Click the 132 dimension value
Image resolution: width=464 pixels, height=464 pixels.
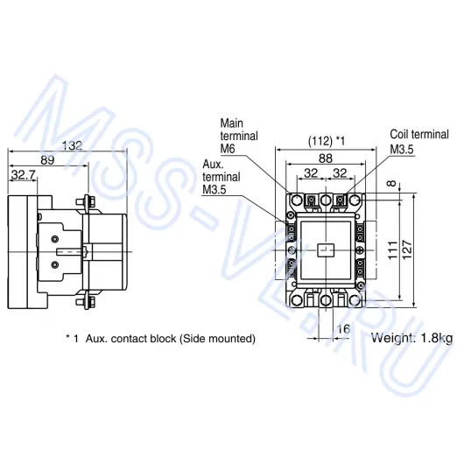(x=72, y=145)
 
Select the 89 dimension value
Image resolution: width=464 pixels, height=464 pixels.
(x=47, y=160)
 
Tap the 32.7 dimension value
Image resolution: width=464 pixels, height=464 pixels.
(x=23, y=175)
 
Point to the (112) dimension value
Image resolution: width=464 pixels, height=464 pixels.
(x=320, y=141)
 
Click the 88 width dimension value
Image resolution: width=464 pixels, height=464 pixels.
(x=326, y=158)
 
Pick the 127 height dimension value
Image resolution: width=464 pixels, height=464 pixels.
(x=407, y=250)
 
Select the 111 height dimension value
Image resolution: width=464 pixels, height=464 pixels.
(x=393, y=250)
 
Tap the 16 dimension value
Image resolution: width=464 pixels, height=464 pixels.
(x=343, y=329)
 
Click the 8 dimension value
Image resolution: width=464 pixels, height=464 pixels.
(x=391, y=184)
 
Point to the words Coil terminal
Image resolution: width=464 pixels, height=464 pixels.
(x=419, y=134)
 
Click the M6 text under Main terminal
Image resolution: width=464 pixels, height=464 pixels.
(x=228, y=149)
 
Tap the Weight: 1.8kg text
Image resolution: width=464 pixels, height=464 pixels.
(x=412, y=338)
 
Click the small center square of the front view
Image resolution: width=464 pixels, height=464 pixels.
(x=326, y=250)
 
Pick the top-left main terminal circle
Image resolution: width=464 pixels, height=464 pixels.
(x=297, y=200)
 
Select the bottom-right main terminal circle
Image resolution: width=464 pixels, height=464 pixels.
(x=355, y=300)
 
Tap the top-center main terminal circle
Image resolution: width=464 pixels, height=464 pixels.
(x=326, y=200)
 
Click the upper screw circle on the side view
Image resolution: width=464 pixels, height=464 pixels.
(x=55, y=238)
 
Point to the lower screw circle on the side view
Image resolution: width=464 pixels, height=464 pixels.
(x=55, y=264)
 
